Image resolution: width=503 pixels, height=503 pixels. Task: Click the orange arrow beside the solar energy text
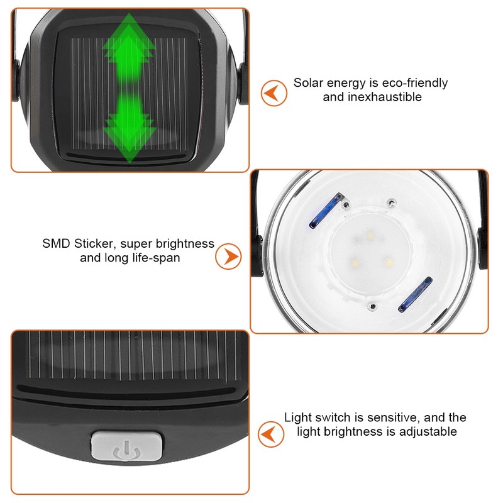[x=274, y=92]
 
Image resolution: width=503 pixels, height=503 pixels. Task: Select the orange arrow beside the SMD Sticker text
[x=229, y=256]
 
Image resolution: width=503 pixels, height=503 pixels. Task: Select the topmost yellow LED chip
[x=368, y=236]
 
